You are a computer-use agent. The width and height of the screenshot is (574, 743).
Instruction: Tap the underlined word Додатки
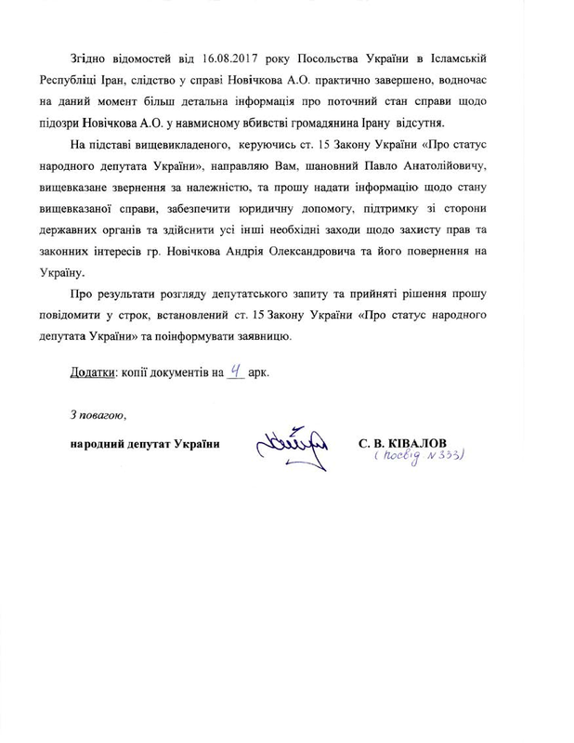point(92,373)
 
